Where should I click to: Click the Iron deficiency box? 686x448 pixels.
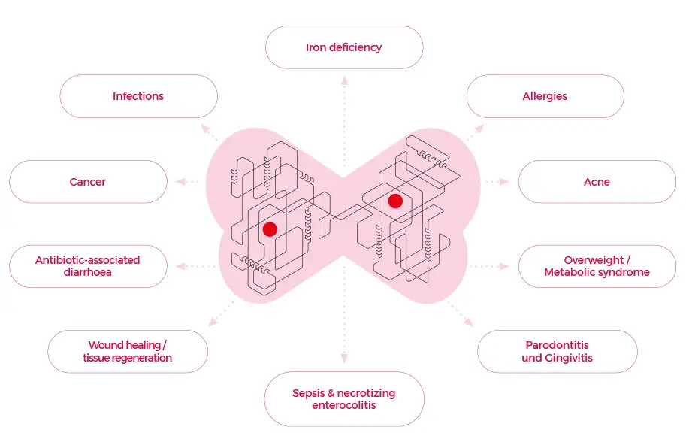344,47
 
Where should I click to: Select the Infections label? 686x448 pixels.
138,96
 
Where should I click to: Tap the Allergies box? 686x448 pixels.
545,96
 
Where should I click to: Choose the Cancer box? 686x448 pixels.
88,182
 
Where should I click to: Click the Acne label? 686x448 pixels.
597,182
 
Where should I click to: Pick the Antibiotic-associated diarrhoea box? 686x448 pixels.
88,266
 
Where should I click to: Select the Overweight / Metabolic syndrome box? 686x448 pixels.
597,266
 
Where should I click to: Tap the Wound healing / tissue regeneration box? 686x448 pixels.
128,351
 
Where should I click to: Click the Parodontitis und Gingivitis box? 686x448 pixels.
557,351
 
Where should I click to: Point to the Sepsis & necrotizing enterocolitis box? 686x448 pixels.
344,399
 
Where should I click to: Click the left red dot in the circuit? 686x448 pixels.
270,229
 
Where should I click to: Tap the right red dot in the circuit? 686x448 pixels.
395,201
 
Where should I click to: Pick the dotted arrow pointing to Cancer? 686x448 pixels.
188,182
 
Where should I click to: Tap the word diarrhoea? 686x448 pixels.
88,273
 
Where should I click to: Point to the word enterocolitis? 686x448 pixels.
344,406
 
